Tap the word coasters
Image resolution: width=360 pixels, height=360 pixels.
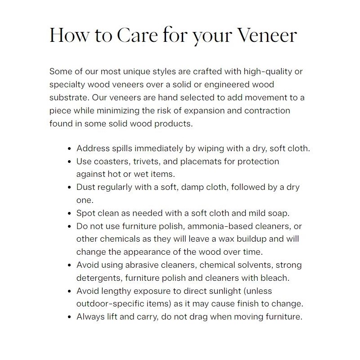click(110, 161)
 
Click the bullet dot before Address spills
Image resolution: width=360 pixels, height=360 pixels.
click(69, 148)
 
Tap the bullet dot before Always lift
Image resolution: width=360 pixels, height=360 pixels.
click(69, 317)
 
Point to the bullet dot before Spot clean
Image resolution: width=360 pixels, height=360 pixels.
click(69, 213)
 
